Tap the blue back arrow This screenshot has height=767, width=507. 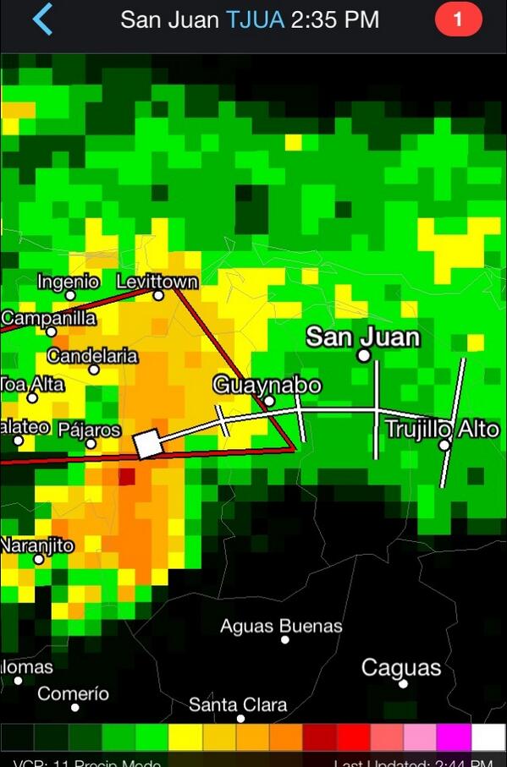pos(41,19)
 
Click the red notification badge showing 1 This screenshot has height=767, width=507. pos(458,19)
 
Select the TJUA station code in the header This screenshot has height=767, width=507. pos(255,19)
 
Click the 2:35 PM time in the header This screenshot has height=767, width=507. pos(334,19)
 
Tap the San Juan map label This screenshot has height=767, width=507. pos(362,337)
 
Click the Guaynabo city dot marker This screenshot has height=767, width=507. pos(269,401)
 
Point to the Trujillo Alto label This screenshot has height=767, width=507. pos(442,429)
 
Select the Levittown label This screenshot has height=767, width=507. pos(157,282)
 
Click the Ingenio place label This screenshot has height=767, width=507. pos(69,282)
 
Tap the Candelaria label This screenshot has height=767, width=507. pos(92,356)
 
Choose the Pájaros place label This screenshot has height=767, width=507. pos(90,430)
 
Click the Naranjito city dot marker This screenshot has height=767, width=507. pos(38,559)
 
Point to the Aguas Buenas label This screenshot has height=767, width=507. pos(281,627)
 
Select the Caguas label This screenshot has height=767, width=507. pos(401,667)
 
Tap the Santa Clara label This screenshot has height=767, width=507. pos(238,704)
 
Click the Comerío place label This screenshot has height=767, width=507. pos(74,693)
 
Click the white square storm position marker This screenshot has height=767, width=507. pos(149,443)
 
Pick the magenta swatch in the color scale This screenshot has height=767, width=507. pos(454,737)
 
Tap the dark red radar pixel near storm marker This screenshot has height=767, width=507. pos(126,477)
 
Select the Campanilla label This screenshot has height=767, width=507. pos(48,319)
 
